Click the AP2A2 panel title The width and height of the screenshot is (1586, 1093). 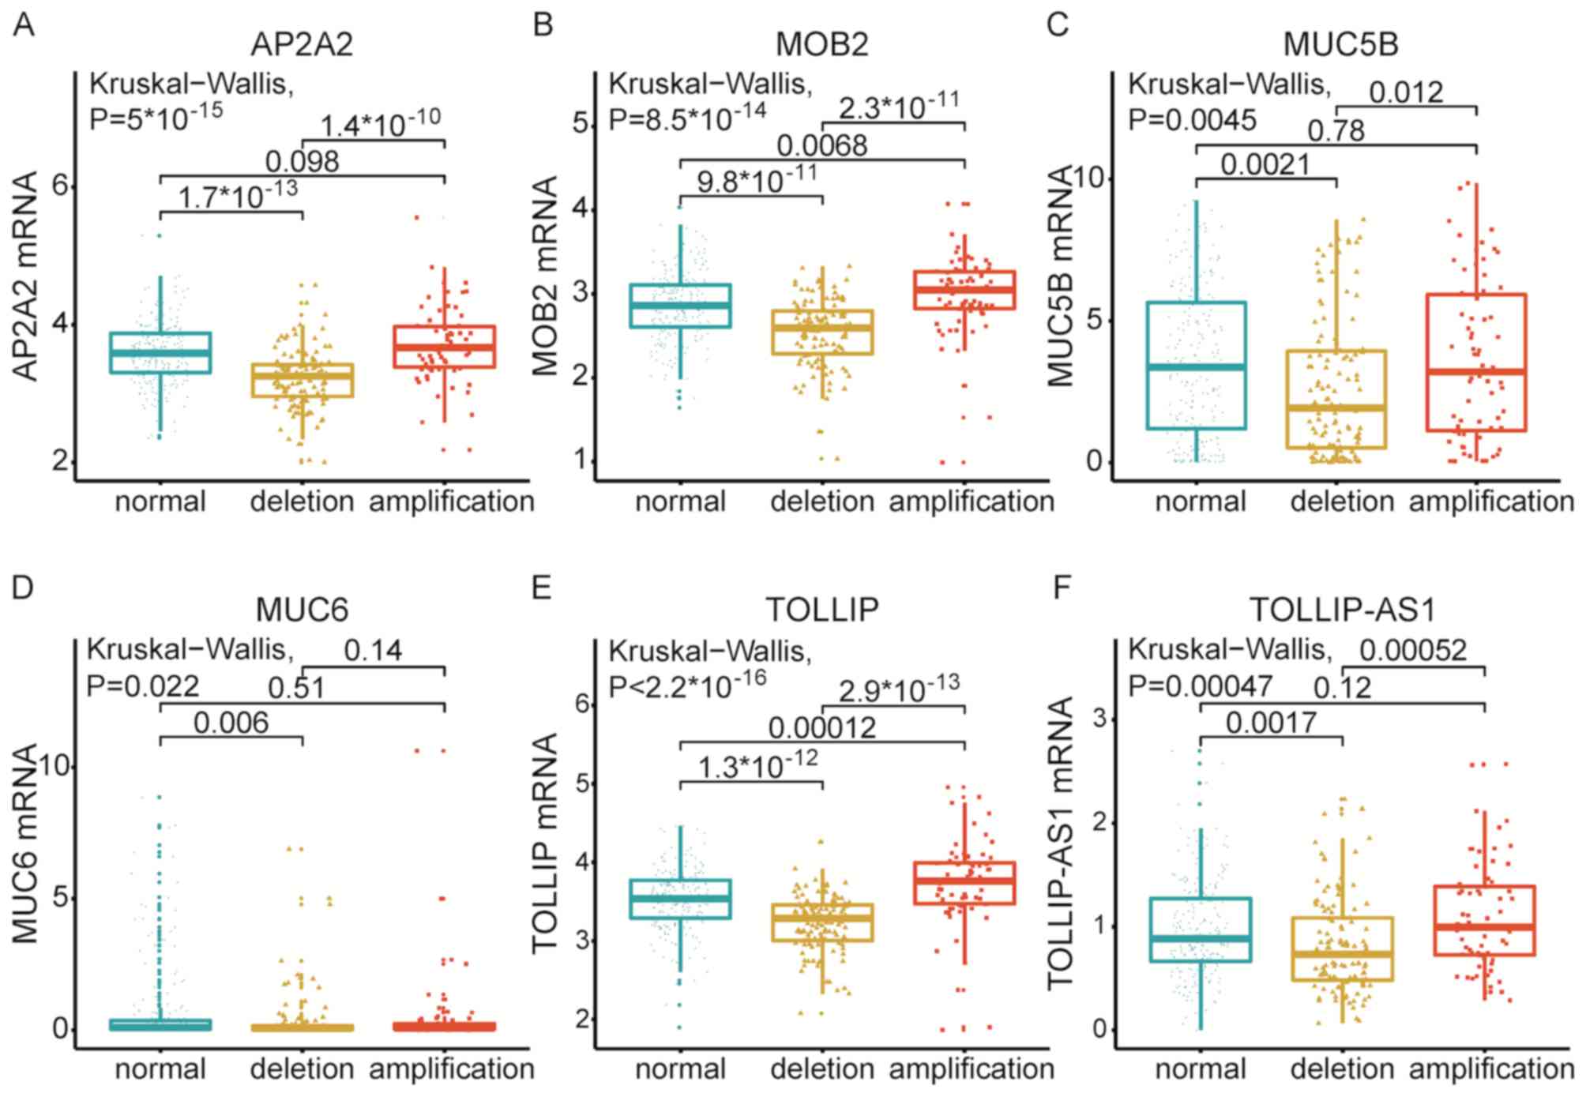coord(302,44)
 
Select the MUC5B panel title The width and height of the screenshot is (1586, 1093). coord(1340,44)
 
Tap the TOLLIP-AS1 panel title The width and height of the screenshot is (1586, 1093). coord(1342,610)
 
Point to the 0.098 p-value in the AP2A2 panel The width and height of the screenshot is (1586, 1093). coord(302,162)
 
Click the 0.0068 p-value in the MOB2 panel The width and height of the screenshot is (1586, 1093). coord(821,146)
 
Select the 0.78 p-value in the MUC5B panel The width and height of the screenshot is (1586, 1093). coord(1336,130)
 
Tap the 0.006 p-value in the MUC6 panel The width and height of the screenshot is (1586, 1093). coord(231,723)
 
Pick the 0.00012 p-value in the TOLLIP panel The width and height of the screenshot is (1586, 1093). coord(821,727)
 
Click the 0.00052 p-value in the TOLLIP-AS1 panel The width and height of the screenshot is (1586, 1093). coord(1412,650)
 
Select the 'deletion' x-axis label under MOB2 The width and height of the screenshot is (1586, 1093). coord(821,501)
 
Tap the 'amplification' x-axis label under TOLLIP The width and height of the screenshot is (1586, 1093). coord(972,1069)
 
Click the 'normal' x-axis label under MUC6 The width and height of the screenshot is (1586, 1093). coord(160,1069)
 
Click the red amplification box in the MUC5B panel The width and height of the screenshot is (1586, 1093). coord(1476,362)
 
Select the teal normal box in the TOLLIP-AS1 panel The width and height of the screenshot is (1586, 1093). coord(1201,930)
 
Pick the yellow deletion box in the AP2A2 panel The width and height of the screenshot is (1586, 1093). coord(303,381)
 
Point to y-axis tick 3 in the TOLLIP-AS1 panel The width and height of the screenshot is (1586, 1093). coord(1099,719)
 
